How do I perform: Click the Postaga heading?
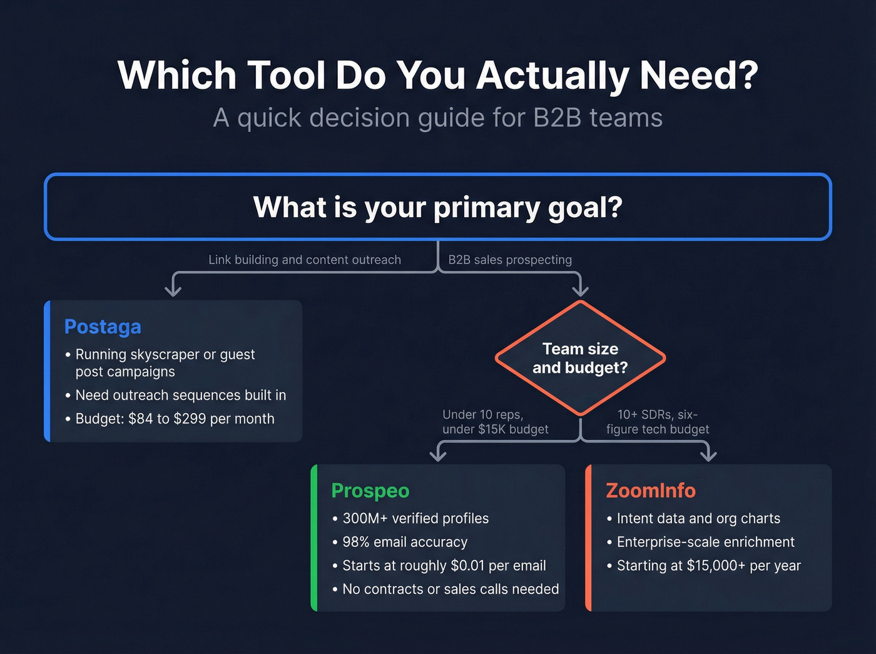tap(103, 327)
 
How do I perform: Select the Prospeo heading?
tap(370, 491)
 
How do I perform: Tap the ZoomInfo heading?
tap(650, 491)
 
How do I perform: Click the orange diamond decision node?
tap(580, 358)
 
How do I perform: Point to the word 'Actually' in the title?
tap(553, 76)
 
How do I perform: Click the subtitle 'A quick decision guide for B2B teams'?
tap(437, 118)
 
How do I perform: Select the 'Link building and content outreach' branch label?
tap(304, 260)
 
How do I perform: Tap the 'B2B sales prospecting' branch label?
tap(509, 260)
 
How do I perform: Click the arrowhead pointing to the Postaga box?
tap(173, 289)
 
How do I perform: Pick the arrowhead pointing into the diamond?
tap(581, 289)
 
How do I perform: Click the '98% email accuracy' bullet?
tap(405, 542)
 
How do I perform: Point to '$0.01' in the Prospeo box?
tap(467, 566)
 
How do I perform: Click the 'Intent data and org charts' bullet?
tap(698, 518)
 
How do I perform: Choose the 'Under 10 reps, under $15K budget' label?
tap(495, 422)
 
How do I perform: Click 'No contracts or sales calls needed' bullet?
tap(451, 589)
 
